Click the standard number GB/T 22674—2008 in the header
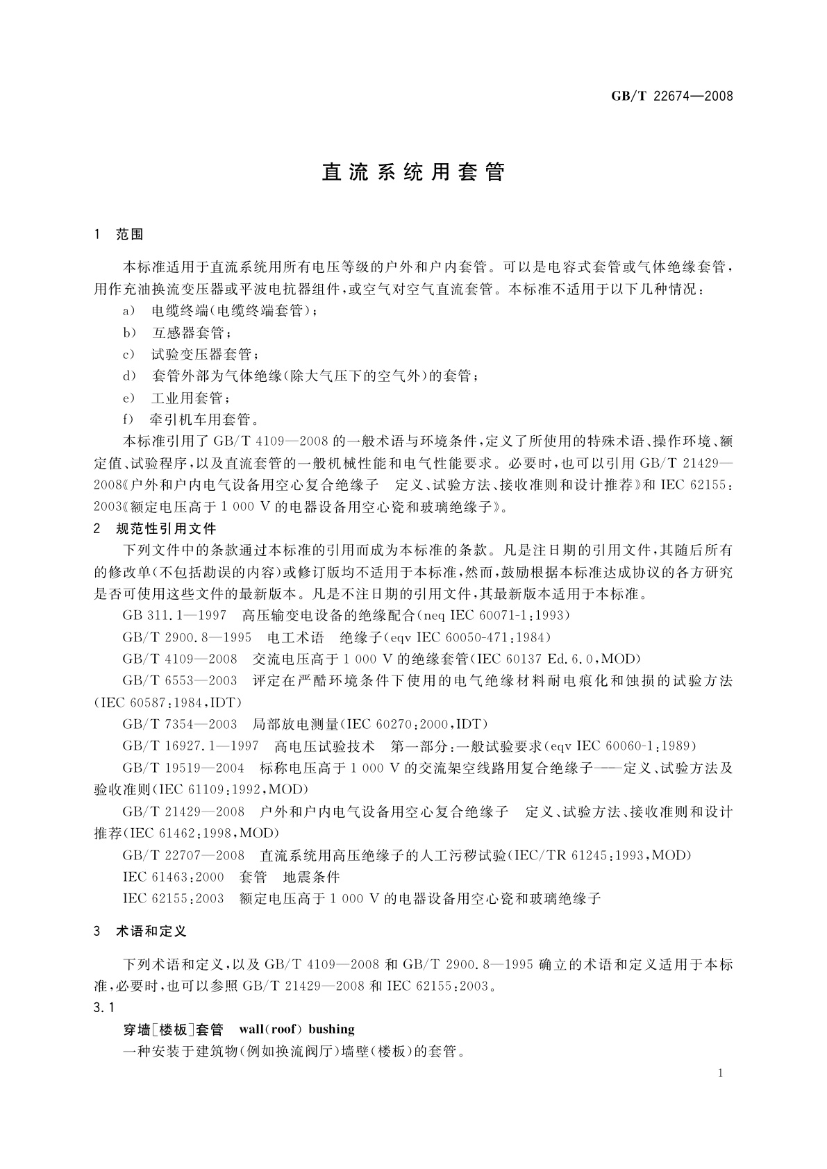coord(671,96)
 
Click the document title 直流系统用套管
coord(413,172)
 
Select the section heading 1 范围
coord(119,235)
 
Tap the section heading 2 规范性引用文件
coord(156,529)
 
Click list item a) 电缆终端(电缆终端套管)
coord(221,311)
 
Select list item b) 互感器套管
coord(178,333)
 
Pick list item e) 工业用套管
coord(178,398)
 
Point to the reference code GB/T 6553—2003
coord(180,681)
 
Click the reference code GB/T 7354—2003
coord(180,725)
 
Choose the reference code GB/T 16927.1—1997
coord(190,746)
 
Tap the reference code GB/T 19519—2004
coord(183,768)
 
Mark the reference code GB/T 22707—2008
coord(183,855)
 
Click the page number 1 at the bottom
coord(721,1073)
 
